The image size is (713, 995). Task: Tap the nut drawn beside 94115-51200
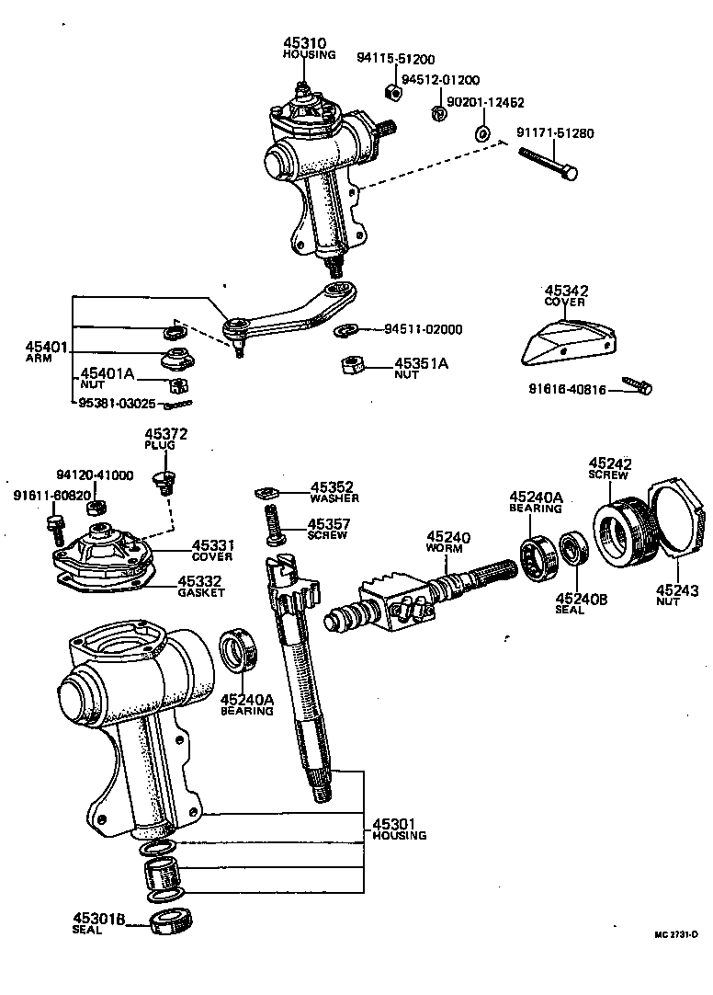pyautogui.click(x=390, y=91)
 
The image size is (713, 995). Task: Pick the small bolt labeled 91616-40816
pyautogui.click(x=637, y=385)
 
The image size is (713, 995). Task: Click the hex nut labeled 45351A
pyautogui.click(x=349, y=364)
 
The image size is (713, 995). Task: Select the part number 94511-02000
pyautogui.click(x=423, y=329)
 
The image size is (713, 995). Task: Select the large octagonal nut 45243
pyautogui.click(x=675, y=520)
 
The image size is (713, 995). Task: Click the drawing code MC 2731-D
pyautogui.click(x=676, y=933)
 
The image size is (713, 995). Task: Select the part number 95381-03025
pyautogui.click(x=119, y=403)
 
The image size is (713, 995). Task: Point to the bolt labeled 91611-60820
pyautogui.click(x=53, y=529)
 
